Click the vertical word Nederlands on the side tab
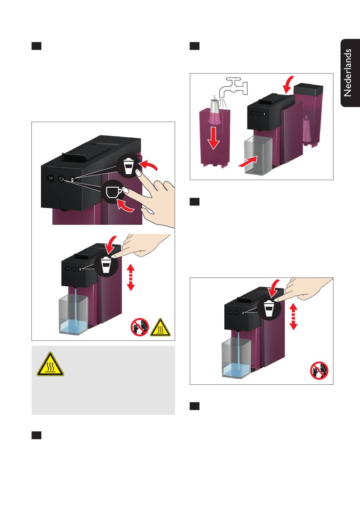[347, 73]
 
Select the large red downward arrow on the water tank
[213, 138]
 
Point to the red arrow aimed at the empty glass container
[248, 161]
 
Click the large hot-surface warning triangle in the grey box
[50, 364]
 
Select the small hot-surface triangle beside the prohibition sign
[160, 328]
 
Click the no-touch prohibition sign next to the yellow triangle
[140, 327]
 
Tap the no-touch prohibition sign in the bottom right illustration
[319, 370]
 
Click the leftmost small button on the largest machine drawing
[51, 178]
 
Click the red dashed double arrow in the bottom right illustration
[293, 317]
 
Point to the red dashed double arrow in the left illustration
[131, 277]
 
